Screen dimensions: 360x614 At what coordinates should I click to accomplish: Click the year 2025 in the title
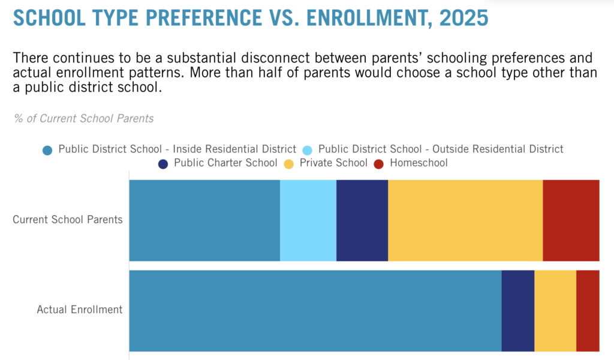[463, 18]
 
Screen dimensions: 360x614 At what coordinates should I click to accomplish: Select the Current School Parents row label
[68, 220]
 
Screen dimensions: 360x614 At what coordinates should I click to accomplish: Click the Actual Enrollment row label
[80, 310]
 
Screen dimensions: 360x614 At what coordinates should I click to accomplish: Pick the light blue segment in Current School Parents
[308, 220]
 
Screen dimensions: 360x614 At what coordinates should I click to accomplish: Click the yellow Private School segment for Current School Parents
[465, 220]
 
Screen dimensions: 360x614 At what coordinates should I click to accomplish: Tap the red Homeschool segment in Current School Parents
[571, 220]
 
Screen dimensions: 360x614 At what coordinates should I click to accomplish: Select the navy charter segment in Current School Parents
[362, 220]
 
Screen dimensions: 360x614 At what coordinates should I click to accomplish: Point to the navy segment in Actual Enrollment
[517, 310]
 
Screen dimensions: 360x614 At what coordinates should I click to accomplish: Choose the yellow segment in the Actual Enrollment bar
[555, 310]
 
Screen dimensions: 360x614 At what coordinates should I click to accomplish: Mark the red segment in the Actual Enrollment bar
[588, 310]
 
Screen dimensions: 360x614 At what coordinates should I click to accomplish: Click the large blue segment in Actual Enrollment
[315, 310]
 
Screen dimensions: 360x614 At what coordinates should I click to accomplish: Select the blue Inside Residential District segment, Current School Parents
[204, 220]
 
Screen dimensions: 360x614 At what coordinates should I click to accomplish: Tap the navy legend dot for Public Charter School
[164, 164]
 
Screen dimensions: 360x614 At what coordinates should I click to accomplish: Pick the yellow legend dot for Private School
[290, 164]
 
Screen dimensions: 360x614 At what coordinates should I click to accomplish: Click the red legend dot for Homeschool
[379, 164]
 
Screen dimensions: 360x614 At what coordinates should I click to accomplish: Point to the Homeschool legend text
[419, 163]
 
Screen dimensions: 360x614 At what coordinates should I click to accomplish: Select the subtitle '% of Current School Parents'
[84, 118]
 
